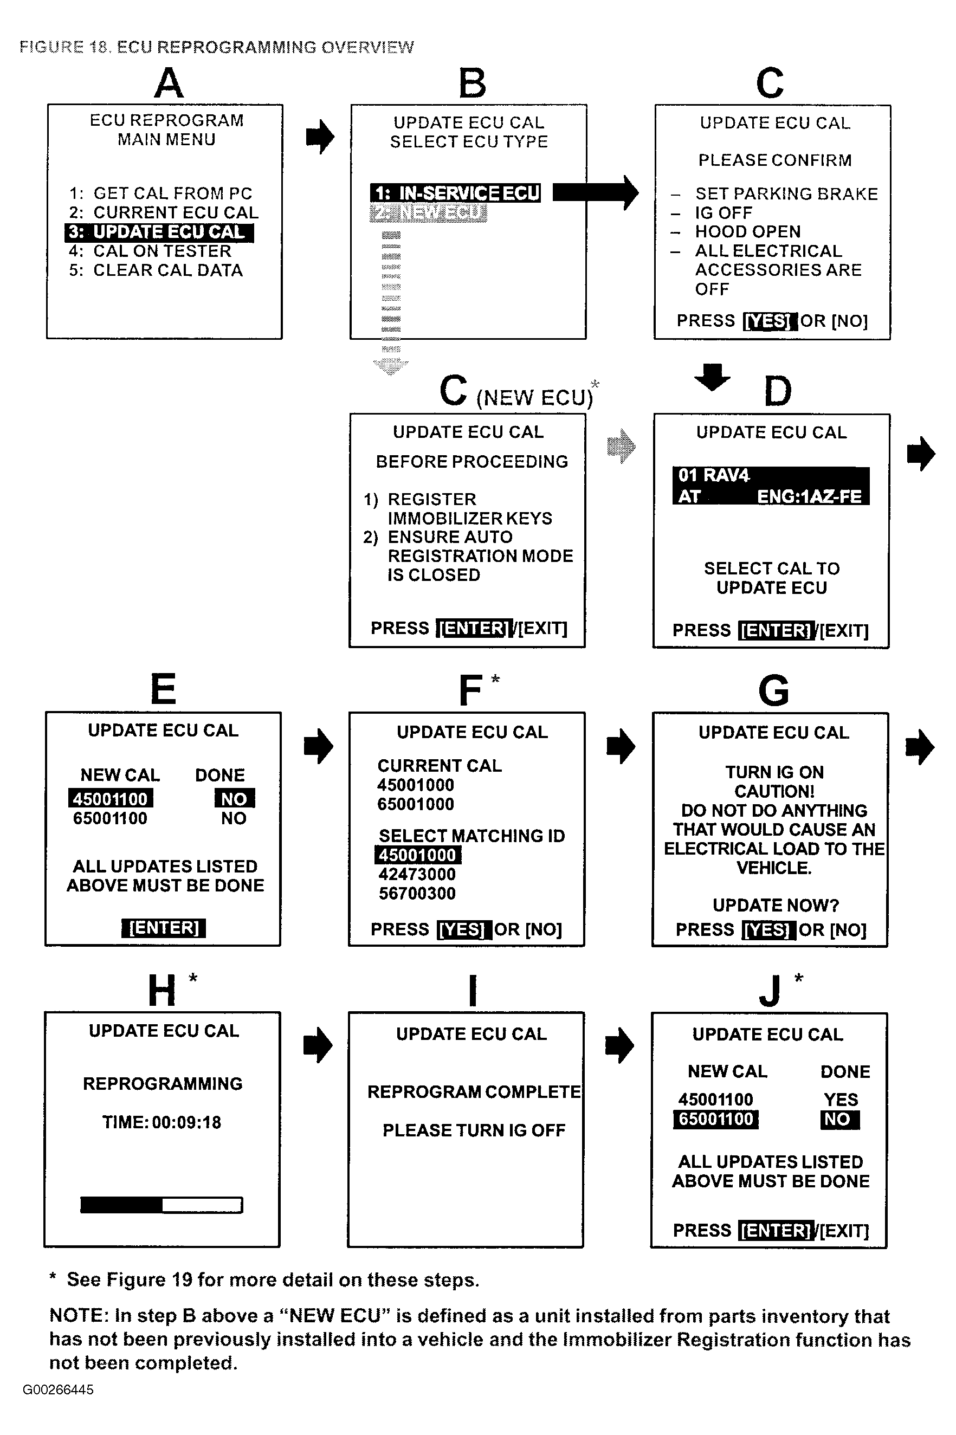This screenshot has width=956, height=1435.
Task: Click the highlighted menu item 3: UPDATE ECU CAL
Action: pyautogui.click(x=159, y=232)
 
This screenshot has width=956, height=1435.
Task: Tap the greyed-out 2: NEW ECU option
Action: pyautogui.click(x=429, y=213)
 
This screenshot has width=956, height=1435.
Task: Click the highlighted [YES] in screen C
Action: pyautogui.click(x=770, y=321)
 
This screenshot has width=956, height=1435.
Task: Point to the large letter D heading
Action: pyautogui.click(x=777, y=392)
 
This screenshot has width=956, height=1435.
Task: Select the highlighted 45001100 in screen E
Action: pyautogui.click(x=111, y=799)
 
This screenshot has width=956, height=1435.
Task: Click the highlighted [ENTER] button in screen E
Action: pyautogui.click(x=164, y=928)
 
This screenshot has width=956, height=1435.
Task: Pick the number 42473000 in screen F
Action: pyautogui.click(x=417, y=874)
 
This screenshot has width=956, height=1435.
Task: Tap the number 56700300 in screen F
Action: pyautogui.click(x=417, y=894)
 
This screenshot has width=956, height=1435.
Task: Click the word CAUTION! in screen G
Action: pyautogui.click(x=774, y=791)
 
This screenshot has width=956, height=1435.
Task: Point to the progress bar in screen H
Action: pyautogui.click(x=162, y=1205)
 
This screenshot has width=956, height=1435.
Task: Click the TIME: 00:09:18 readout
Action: pyautogui.click(x=162, y=1122)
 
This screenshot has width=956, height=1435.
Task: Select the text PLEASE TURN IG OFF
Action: pyautogui.click(x=474, y=1130)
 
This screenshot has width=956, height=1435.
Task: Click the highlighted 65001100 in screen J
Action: pyautogui.click(x=716, y=1119)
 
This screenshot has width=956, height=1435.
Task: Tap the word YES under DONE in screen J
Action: pyautogui.click(x=841, y=1100)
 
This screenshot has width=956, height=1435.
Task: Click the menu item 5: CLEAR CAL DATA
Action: pyautogui.click(x=156, y=270)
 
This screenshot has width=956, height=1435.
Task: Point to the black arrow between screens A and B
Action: pyautogui.click(x=320, y=137)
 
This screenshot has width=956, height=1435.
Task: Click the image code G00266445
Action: pyautogui.click(x=59, y=1390)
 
